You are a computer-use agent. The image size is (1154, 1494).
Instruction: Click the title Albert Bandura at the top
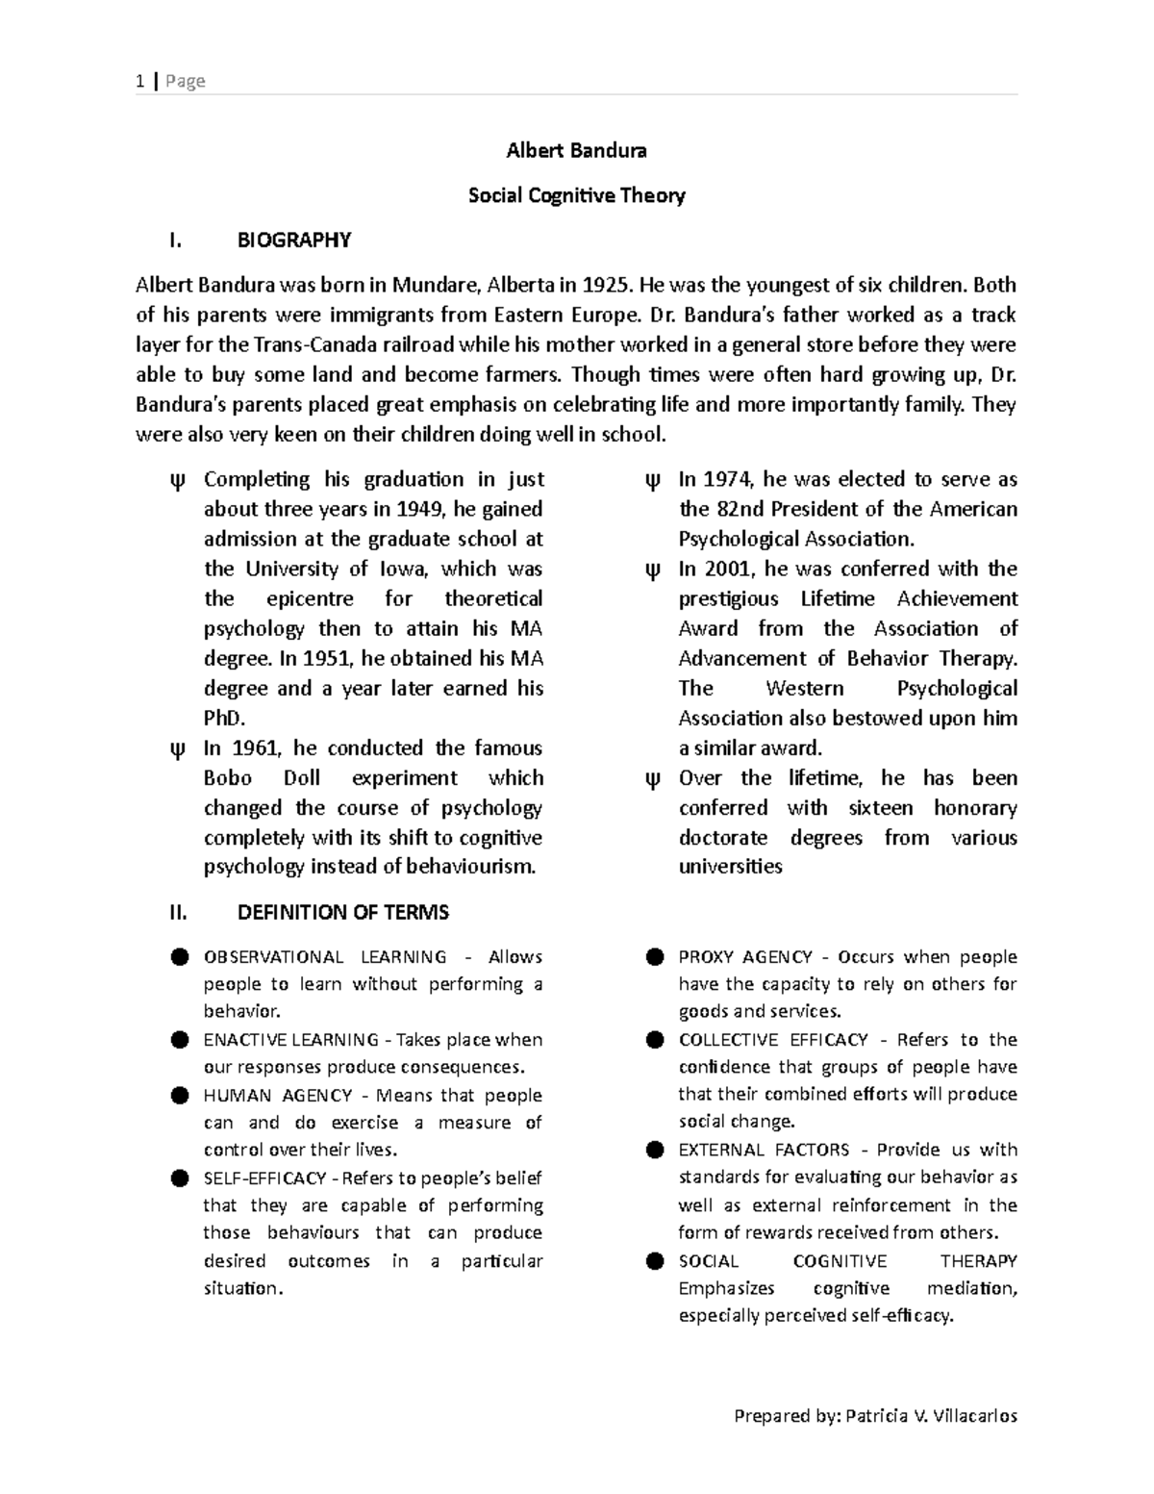click(x=576, y=151)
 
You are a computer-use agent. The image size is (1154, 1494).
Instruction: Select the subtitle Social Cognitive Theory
click(x=576, y=196)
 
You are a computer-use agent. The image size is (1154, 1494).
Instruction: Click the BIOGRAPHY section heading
click(x=294, y=241)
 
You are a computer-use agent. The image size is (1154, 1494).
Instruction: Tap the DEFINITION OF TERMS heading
click(x=343, y=912)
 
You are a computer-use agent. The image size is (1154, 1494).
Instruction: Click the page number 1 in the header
click(x=140, y=81)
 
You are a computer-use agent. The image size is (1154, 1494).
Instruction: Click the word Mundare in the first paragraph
click(x=435, y=285)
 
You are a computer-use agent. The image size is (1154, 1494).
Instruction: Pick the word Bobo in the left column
click(x=227, y=778)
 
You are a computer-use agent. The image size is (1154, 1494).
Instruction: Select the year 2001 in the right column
click(x=729, y=569)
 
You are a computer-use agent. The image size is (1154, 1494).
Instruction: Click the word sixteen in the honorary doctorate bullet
click(x=880, y=808)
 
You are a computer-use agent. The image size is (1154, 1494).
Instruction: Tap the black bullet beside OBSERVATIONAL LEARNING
click(x=180, y=957)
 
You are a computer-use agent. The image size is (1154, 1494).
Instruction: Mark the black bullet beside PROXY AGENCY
click(x=655, y=957)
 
